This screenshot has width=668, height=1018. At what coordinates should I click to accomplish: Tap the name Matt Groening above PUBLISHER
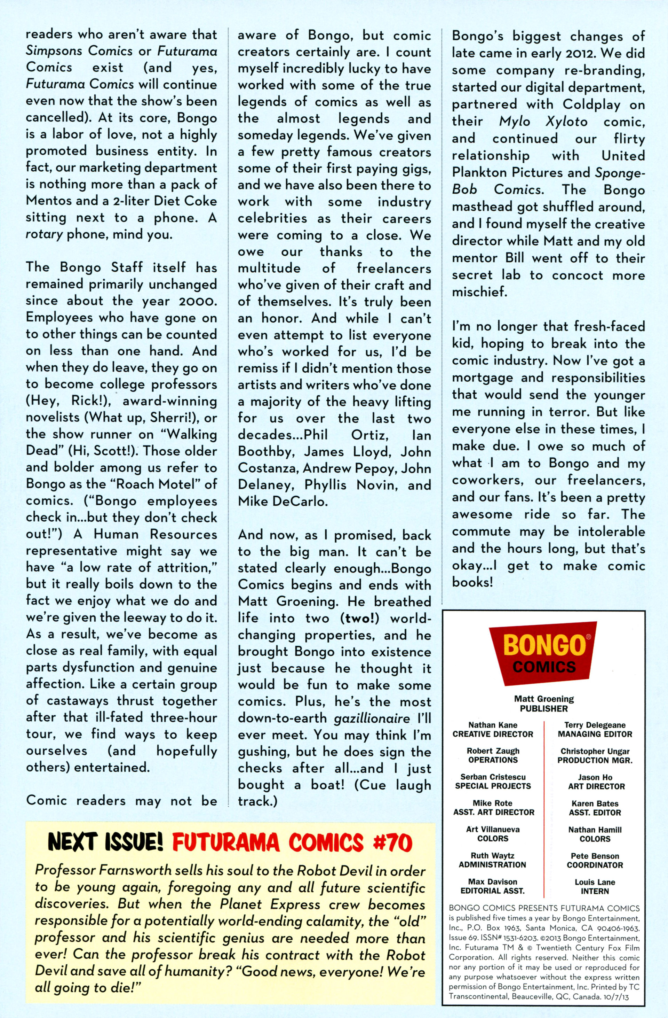[544, 699]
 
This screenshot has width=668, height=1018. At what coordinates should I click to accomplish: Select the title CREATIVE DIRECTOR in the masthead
[493, 734]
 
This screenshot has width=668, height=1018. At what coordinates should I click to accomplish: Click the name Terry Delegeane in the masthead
[595, 725]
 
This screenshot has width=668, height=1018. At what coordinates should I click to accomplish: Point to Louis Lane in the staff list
[595, 882]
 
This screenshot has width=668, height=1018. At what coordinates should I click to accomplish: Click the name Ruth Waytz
[493, 855]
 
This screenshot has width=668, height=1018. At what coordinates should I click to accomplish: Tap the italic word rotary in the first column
[43, 234]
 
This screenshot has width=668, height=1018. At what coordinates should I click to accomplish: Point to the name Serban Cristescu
[493, 777]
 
